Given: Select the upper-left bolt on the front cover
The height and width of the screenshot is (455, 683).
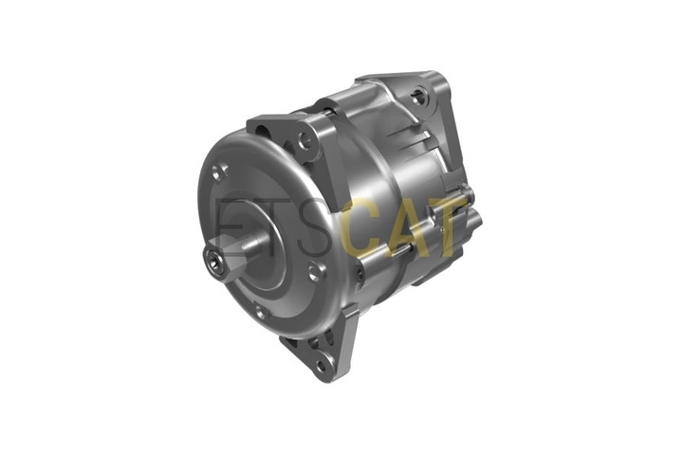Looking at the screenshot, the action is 219,173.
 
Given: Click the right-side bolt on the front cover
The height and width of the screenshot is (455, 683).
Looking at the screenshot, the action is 317,272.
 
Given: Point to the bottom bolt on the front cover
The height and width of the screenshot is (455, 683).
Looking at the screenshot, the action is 261,313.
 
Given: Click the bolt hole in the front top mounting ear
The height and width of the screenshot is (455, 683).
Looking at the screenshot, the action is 305,139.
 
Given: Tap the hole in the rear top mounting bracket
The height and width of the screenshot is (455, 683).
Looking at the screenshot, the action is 420,99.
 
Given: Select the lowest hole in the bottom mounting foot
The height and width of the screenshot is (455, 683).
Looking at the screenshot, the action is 321,366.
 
